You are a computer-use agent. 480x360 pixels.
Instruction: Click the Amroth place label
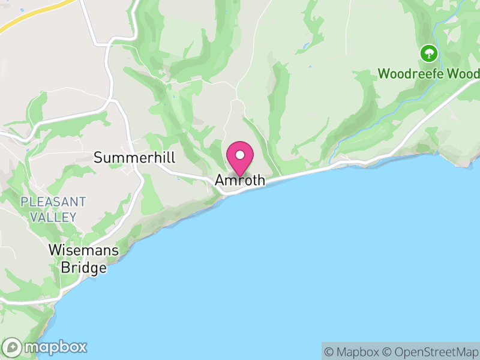240,181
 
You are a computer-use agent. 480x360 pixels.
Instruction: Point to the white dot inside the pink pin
240,155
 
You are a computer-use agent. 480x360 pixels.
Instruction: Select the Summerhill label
134,158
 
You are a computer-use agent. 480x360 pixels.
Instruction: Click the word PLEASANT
53,202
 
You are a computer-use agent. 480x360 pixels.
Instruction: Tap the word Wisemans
83,251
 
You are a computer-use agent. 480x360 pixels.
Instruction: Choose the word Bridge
83,268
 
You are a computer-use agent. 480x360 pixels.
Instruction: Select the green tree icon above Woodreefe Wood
428,53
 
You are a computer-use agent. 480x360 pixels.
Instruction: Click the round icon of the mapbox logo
13,347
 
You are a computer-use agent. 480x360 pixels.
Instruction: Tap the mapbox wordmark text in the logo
55,347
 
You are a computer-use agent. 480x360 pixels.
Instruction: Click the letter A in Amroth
220,181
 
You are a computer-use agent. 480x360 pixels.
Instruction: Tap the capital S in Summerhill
98,158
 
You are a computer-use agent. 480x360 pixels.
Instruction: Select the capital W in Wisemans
55,251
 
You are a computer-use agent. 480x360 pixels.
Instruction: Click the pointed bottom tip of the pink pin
240,175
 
